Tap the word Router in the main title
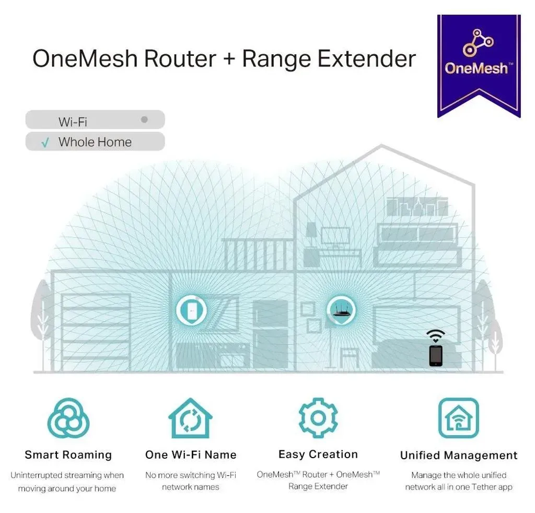click(x=180, y=59)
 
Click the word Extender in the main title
click(x=366, y=59)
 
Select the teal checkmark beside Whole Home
click(x=45, y=142)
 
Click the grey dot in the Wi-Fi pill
click(x=144, y=120)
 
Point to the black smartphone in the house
click(x=436, y=356)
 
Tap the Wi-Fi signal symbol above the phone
click(x=435, y=336)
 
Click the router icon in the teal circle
click(x=341, y=311)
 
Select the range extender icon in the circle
click(x=191, y=310)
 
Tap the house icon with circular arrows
click(x=190, y=418)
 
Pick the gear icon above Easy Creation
click(x=318, y=418)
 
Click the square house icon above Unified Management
click(x=459, y=418)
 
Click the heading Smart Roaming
click(x=68, y=454)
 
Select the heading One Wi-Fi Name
click(x=191, y=454)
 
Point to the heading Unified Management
click(x=459, y=456)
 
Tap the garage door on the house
click(x=96, y=333)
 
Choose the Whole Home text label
click(x=95, y=142)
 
